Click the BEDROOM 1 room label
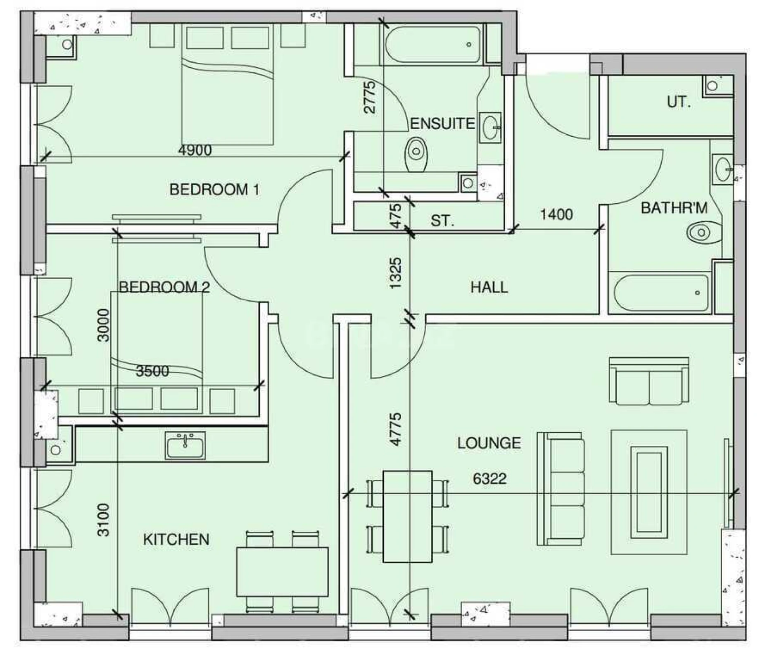tap(214, 190)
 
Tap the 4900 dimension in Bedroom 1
tap(195, 150)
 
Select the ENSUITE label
tap(442, 124)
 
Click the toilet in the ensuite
tap(416, 154)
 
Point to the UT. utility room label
tap(678, 102)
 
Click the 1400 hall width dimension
tap(556, 214)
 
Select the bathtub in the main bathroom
tap(661, 293)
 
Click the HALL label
tap(489, 287)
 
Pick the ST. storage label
tap(442, 221)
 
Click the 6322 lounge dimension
tap(489, 478)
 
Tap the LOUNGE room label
tap(489, 443)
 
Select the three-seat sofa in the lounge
tap(561, 489)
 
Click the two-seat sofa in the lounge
tap(649, 381)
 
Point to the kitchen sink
tap(185, 446)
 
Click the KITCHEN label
tap(176, 539)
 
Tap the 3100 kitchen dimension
tap(103, 520)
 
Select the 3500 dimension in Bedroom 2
tap(152, 371)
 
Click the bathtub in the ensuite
tap(433, 44)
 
